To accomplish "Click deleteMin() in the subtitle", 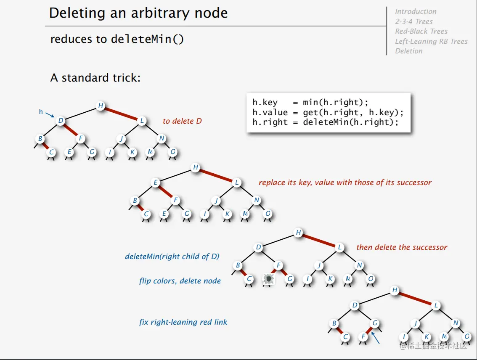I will tap(147, 39).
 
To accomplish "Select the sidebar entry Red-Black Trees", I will tap(421, 31).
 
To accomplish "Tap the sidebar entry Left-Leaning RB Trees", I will tap(431, 41).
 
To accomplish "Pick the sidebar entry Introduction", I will tap(416, 11).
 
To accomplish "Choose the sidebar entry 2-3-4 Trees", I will tap(414, 21).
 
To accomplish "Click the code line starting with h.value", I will tap(328, 112).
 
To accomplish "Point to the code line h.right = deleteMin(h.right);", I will tap(325, 122).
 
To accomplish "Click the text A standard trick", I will tap(95, 78).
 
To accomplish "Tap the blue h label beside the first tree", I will tap(41, 112).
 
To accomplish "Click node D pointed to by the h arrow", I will tap(61, 121).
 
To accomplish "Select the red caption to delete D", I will tap(182, 121).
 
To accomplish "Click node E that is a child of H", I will tap(156, 183).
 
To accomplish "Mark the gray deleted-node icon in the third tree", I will tap(268, 279).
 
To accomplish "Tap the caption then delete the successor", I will tap(402, 247).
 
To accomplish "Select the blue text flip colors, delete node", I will tap(180, 281).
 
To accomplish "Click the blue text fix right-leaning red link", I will tap(183, 323).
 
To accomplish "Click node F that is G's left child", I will tap(364, 336).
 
